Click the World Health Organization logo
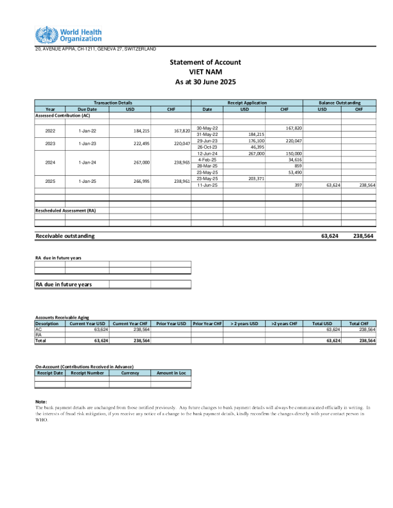click(68, 35)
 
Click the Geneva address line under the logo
click(95, 49)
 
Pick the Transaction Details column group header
click(113, 103)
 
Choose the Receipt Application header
click(247, 103)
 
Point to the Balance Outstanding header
click(340, 103)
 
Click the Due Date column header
click(87, 109)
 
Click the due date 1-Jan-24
click(87, 163)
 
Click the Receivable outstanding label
click(65, 236)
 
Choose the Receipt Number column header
click(87, 372)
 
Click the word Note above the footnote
click(41, 402)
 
